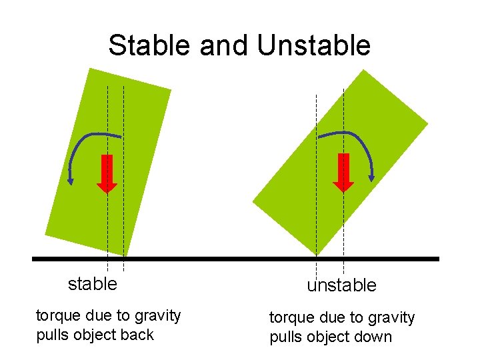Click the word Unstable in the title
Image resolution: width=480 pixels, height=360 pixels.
click(x=313, y=45)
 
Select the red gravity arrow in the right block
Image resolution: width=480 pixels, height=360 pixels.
click(x=343, y=172)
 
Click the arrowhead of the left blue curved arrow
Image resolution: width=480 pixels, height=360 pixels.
click(x=70, y=179)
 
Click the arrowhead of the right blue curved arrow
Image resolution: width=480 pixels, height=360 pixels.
click(x=372, y=177)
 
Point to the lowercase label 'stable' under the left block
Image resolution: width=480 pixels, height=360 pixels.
click(x=93, y=283)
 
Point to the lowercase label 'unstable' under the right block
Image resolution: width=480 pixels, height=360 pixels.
click(x=341, y=285)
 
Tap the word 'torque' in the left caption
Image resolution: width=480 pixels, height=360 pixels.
click(x=57, y=315)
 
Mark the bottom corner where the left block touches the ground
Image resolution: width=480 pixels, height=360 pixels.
click(x=125, y=255)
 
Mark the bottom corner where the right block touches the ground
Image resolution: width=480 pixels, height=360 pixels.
click(x=316, y=255)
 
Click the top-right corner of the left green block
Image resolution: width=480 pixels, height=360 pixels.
click(x=171, y=89)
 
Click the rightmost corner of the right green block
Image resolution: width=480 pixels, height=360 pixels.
click(x=427, y=125)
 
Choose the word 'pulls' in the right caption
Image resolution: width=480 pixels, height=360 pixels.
click(x=285, y=337)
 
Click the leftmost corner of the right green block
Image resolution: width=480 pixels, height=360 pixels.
click(x=253, y=201)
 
